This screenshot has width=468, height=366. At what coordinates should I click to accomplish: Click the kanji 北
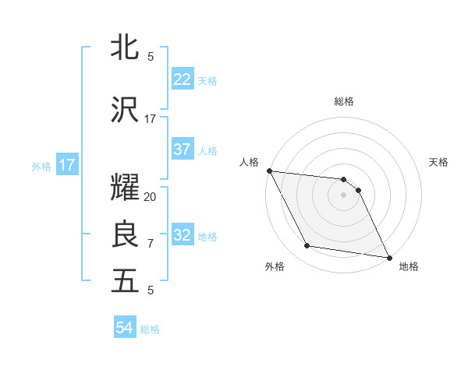[x=125, y=47]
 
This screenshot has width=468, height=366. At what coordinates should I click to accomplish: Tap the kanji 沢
[x=125, y=111]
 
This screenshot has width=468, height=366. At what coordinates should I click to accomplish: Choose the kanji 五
[x=125, y=281]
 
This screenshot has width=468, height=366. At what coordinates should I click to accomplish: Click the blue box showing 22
[x=182, y=79]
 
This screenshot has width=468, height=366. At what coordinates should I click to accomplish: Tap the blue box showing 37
[x=182, y=150]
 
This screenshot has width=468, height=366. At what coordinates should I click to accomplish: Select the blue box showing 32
[x=182, y=236]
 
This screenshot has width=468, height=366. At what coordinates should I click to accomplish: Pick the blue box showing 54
[x=124, y=329]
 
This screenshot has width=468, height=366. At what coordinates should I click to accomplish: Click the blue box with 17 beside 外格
[x=66, y=165]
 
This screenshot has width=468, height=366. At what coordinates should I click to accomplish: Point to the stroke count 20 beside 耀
[x=151, y=197]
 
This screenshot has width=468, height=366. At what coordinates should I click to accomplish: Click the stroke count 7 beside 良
[x=151, y=244]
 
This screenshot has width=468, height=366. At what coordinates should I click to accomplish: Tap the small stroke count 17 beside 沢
[x=151, y=119]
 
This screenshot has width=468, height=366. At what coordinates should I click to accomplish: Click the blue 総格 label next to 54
[x=150, y=329]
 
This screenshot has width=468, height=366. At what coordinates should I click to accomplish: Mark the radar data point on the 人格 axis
[x=269, y=171]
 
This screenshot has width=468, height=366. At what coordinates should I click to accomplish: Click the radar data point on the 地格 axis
[x=388, y=257]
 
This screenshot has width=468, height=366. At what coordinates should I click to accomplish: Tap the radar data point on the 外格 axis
[x=307, y=246]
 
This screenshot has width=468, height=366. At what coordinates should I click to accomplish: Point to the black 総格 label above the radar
[x=344, y=101]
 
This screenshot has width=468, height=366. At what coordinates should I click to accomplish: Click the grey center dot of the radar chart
[x=344, y=195]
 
